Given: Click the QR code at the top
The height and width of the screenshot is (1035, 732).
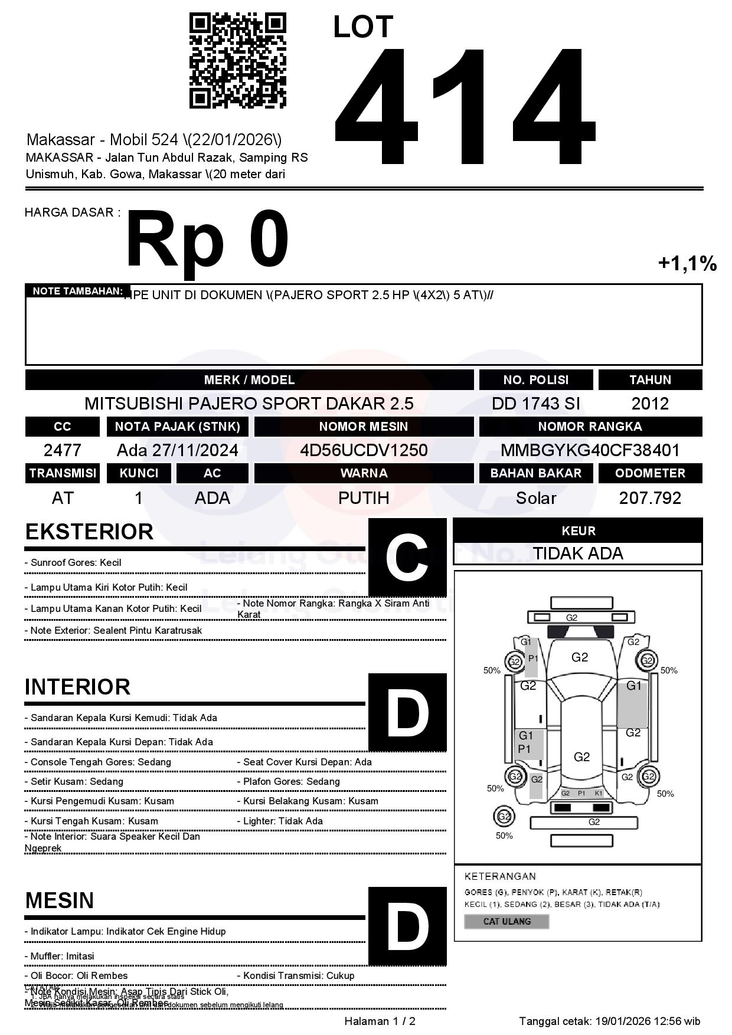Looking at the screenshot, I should coord(237,61).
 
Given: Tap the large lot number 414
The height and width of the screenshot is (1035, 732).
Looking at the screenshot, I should coord(464,106).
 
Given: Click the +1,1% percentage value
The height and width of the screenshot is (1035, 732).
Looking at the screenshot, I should coord(687,263).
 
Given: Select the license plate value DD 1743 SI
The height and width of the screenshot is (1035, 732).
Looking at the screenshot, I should coord(535,404).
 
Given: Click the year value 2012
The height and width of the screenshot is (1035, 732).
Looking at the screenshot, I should coord(650,404).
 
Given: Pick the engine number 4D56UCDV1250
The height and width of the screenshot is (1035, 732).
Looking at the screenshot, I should coord(364,450).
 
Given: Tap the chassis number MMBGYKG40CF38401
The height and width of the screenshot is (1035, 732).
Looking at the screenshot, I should coord(590,450).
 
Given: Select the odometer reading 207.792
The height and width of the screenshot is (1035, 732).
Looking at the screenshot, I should coord(650,498).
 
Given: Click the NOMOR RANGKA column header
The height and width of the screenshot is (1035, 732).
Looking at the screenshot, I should coord(590,427).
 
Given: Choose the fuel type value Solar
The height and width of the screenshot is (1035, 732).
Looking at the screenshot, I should coord(535,498).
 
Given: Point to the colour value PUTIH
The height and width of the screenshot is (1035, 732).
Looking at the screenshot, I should coord(364,498).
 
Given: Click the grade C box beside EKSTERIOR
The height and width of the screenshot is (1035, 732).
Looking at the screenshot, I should coord(407,558).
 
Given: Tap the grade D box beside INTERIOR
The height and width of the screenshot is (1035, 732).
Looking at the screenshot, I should coord(407,712).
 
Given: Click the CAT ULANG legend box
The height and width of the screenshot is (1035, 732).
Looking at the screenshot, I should coord(506,921).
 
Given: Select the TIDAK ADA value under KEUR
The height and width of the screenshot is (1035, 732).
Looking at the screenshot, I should coord(578,553).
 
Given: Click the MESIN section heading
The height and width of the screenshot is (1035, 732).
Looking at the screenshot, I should coord(60,900).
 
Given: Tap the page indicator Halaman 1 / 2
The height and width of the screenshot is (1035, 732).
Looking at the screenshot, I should coord(380,1021).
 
